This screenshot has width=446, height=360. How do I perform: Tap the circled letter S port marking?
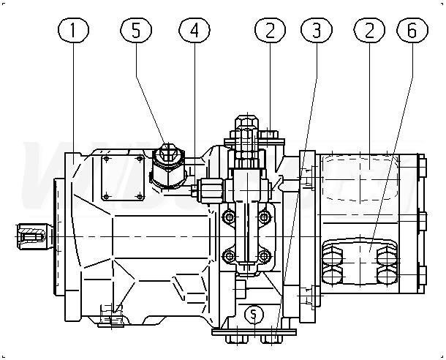point(254,315)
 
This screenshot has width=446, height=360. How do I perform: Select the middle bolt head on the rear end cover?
point(421,217)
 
